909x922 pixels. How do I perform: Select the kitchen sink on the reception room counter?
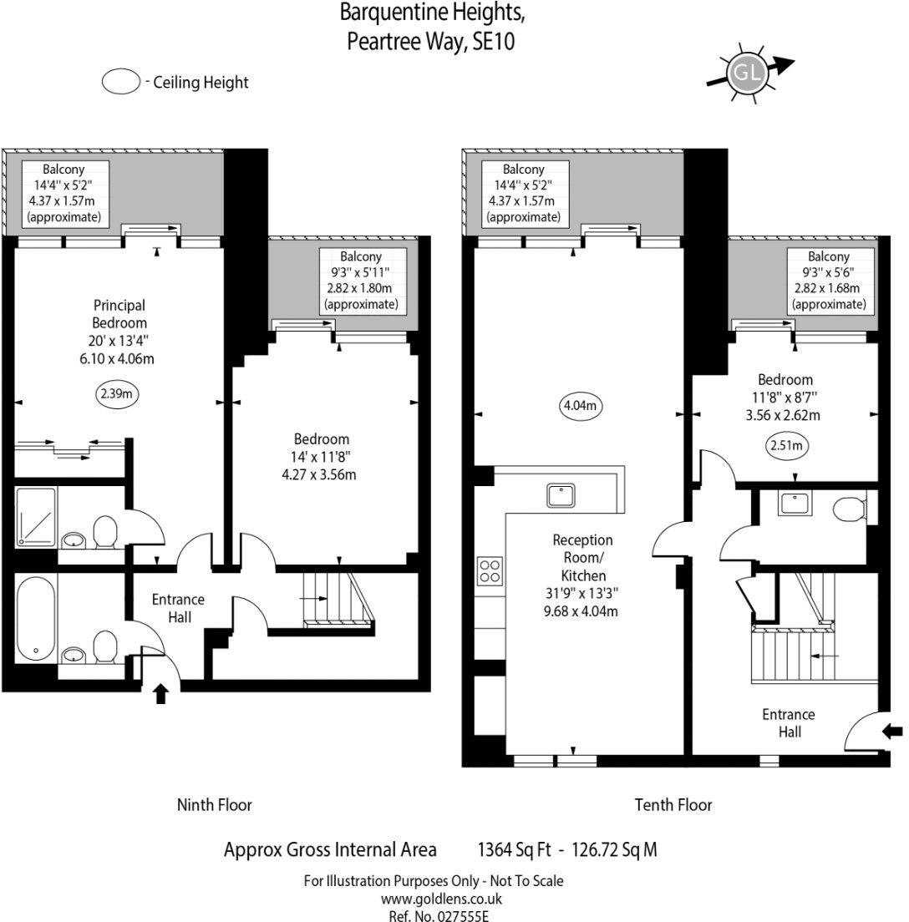coord(560,494)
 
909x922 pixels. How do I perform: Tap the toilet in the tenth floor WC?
coord(852,509)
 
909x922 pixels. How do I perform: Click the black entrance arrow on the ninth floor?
coord(161,694)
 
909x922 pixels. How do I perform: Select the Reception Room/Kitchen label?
coord(582,575)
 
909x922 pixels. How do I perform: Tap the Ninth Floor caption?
coord(214,805)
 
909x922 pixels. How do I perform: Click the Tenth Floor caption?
coord(673,805)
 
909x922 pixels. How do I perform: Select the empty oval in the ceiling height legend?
coord(121,82)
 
